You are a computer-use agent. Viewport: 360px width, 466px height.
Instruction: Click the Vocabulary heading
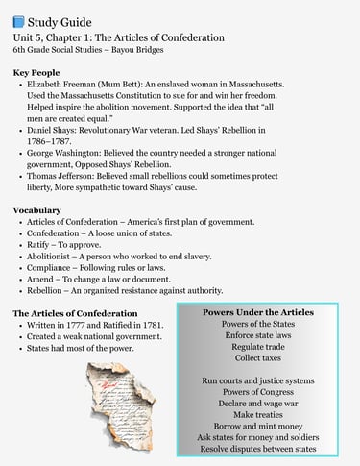(x=36, y=209)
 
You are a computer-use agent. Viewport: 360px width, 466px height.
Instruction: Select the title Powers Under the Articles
(x=257, y=312)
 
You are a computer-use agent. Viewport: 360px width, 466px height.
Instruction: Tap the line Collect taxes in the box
(x=257, y=358)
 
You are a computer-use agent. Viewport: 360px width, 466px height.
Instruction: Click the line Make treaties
(x=257, y=413)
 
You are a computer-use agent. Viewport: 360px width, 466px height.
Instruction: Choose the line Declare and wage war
(x=257, y=402)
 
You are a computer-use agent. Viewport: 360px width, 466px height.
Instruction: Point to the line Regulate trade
(x=257, y=347)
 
